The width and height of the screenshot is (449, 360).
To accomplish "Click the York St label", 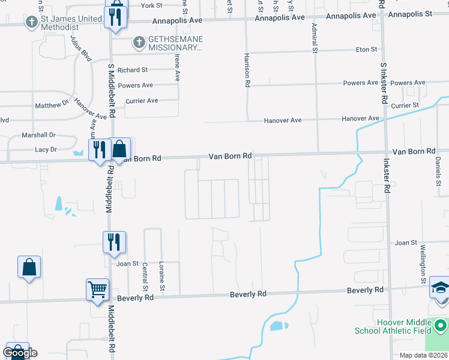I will [x=151, y=5].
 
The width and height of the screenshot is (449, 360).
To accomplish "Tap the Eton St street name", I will [x=366, y=50].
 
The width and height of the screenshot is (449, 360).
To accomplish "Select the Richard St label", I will [x=132, y=70].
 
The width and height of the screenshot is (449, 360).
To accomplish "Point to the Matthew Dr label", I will [x=52, y=105].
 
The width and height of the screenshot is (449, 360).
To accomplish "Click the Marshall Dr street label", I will [x=38, y=135].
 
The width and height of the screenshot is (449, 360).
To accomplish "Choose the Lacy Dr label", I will [x=46, y=149].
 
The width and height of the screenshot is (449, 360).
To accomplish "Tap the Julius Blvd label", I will [x=80, y=48].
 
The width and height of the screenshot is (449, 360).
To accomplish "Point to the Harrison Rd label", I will [x=247, y=70].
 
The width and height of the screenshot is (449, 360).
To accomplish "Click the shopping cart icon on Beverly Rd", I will [x=97, y=290].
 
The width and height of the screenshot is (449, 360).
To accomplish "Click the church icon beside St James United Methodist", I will [x=32, y=22].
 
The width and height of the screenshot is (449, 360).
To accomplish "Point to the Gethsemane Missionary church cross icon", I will [x=139, y=43].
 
